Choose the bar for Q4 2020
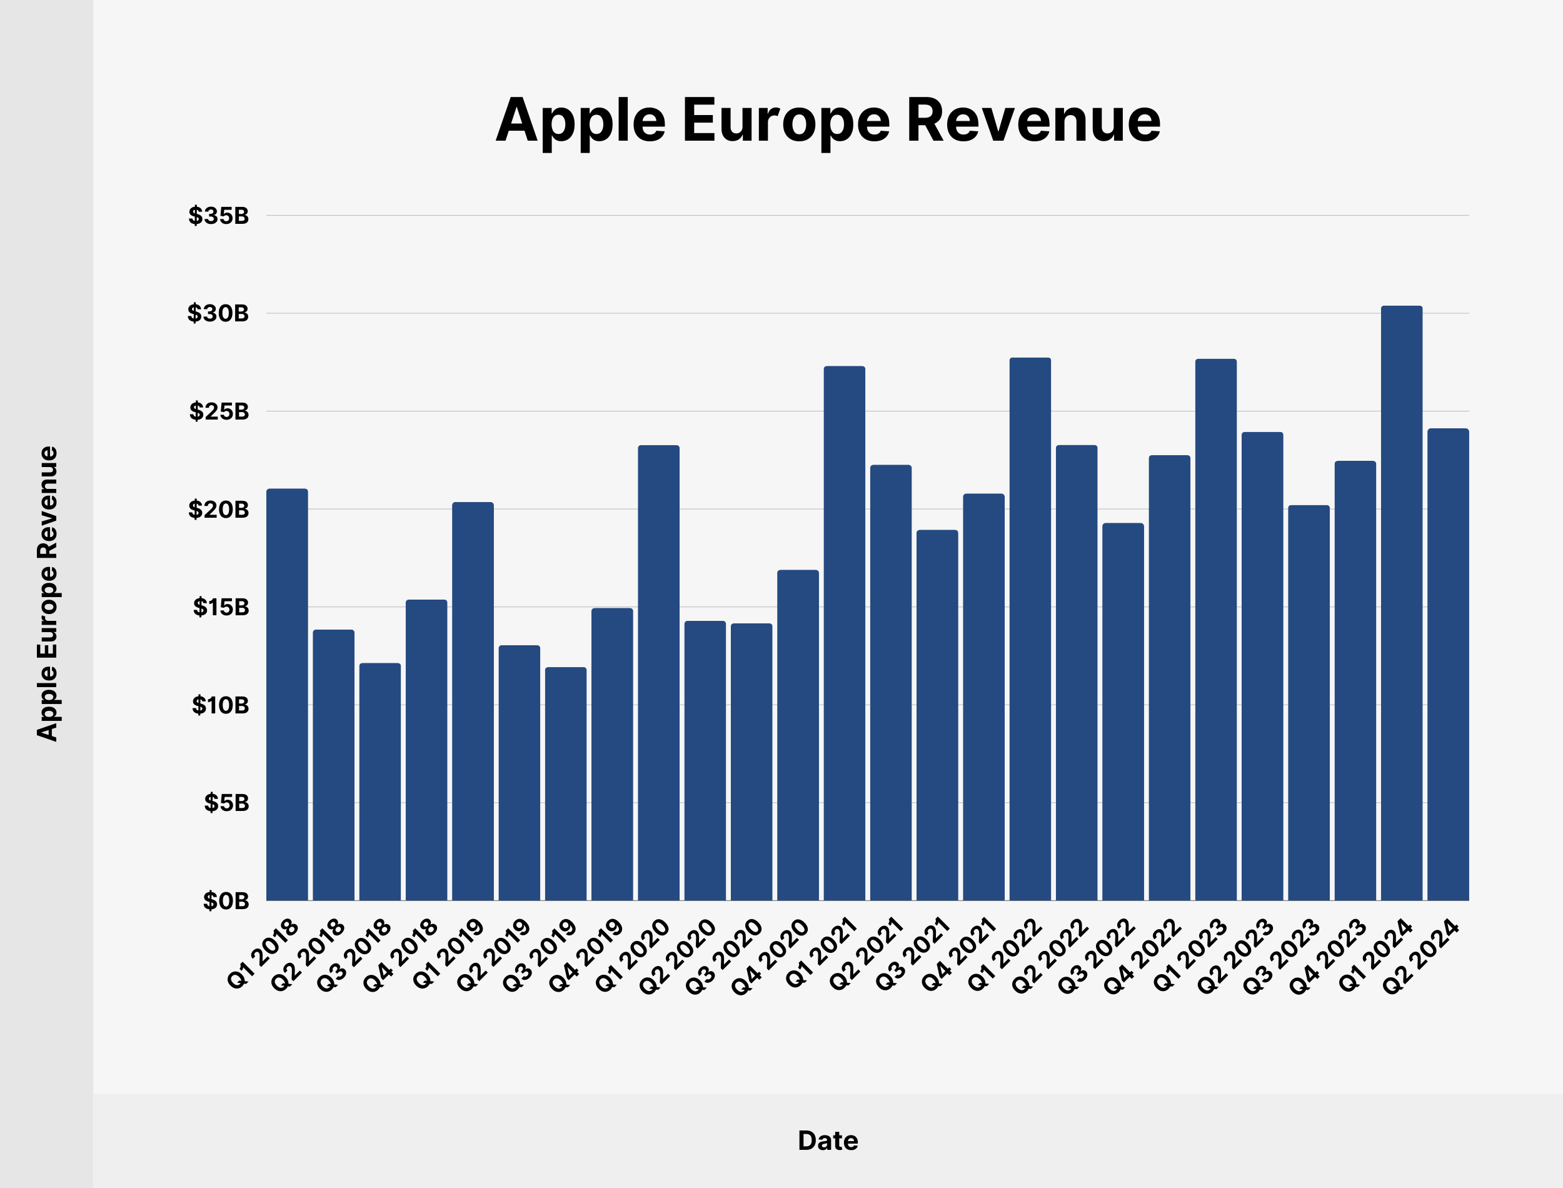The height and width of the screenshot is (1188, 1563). (x=797, y=735)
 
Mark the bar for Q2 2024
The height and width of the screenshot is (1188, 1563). (x=1448, y=665)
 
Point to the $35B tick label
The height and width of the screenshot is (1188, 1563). (x=218, y=216)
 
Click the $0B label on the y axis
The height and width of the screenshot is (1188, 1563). (x=226, y=901)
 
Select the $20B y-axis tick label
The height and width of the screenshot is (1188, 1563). (x=218, y=509)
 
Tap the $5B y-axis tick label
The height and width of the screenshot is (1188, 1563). (x=226, y=803)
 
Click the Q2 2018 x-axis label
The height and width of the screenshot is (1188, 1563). (x=309, y=955)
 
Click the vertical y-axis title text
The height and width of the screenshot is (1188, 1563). (x=47, y=593)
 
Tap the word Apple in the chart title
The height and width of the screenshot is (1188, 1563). (x=580, y=122)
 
